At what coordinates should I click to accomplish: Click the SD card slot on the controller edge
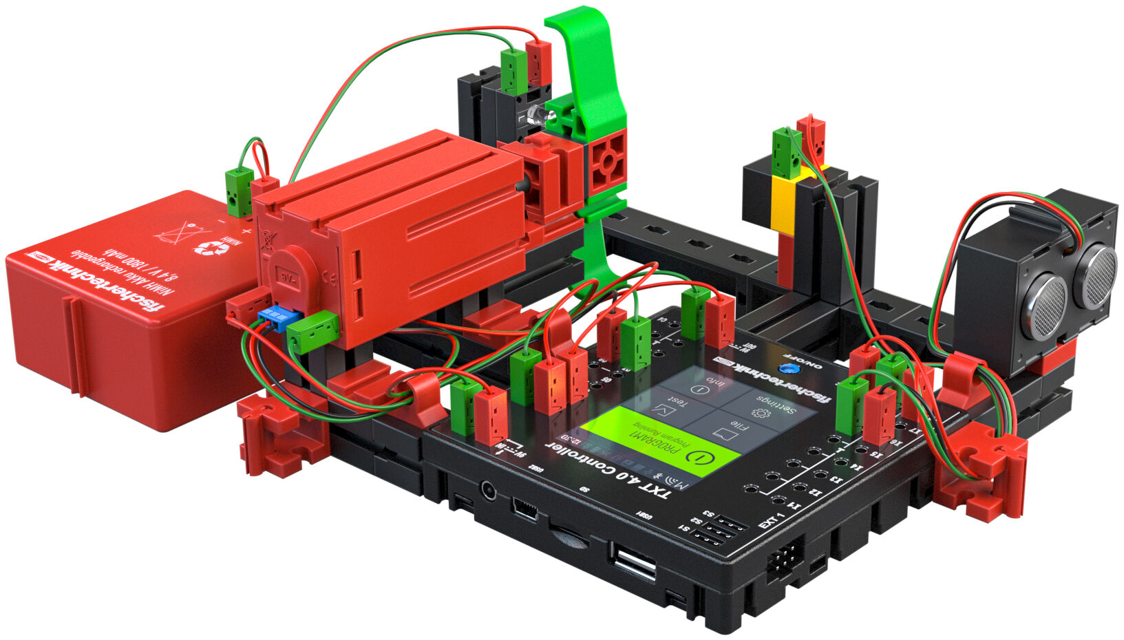[x=570, y=535]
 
